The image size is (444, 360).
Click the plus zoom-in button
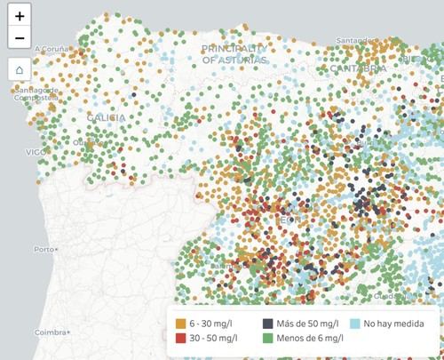(20, 16)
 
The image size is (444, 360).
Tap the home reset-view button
(20, 69)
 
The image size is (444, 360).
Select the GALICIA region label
(107, 117)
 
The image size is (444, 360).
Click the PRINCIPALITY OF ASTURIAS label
(234, 53)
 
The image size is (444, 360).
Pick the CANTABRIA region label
(358, 68)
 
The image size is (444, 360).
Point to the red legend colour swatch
(181, 340)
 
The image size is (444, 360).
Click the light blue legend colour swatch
(355, 324)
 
